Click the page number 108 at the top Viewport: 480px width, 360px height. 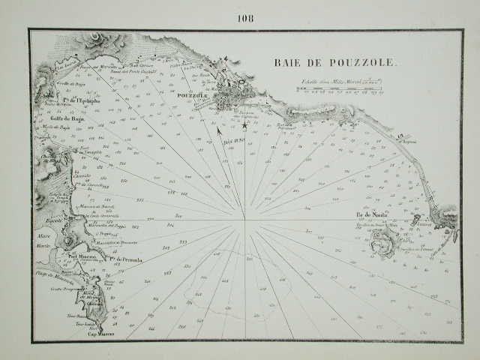[x=245, y=19]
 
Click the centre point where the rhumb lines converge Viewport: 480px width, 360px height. [x=244, y=220]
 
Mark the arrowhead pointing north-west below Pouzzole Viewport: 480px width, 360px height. [x=219, y=131]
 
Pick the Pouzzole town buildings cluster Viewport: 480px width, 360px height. [x=228, y=99]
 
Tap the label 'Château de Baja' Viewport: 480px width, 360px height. [x=52, y=157]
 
